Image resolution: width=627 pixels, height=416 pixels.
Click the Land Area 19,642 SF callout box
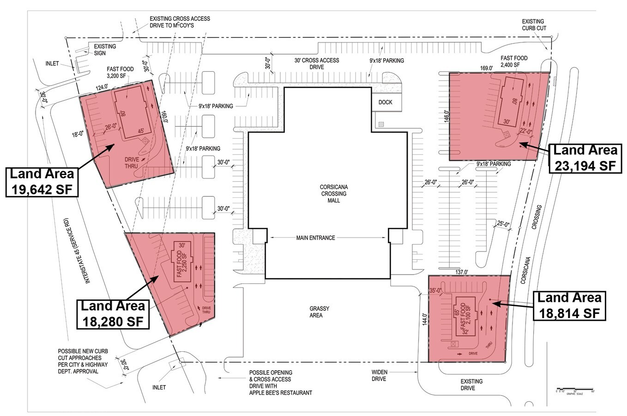point(42,182)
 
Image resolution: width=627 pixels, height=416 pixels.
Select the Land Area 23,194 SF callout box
point(585,158)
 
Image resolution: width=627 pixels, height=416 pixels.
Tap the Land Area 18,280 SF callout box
point(113,313)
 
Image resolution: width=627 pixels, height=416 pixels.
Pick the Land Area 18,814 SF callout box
point(569,305)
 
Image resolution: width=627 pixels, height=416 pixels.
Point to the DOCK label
point(386,102)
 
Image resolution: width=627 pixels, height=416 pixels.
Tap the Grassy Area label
point(316,312)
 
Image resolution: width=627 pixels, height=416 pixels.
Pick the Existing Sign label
point(105,50)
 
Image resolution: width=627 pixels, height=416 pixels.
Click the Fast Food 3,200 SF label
point(120,73)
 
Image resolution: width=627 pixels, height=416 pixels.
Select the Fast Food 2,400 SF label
point(514,62)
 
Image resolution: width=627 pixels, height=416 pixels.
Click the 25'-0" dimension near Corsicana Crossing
point(503,225)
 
